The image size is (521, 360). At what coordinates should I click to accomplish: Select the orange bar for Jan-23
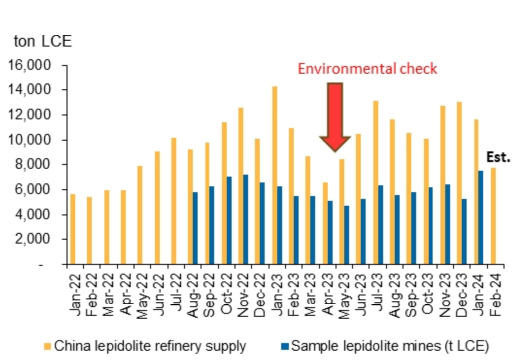(x=274, y=175)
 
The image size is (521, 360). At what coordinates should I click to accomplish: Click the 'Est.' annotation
(x=498, y=158)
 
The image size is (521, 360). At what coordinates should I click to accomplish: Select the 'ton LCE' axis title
(x=43, y=41)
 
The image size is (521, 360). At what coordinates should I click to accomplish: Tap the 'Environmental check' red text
(x=367, y=69)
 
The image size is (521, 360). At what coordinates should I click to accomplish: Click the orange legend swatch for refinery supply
(x=48, y=346)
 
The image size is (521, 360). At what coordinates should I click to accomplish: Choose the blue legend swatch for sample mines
(x=285, y=346)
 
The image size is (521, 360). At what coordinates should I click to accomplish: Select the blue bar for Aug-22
(x=195, y=228)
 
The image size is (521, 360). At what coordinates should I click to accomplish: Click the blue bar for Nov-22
(x=246, y=219)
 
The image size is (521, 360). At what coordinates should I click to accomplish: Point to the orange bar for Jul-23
(x=375, y=182)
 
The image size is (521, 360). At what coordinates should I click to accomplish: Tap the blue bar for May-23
(x=347, y=235)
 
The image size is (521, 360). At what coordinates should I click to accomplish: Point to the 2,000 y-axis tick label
(x=41, y=240)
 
